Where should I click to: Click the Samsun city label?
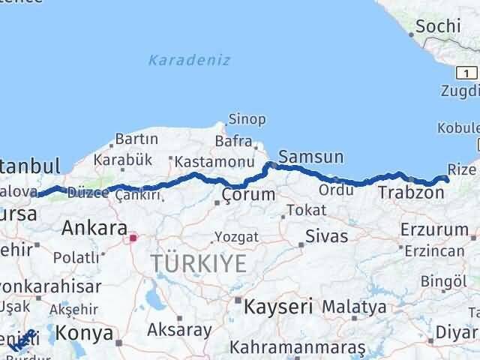point(310,157)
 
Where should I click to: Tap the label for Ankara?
point(94,227)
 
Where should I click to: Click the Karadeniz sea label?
point(189,60)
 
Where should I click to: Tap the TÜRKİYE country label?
point(199,263)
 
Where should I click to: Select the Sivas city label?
point(326,237)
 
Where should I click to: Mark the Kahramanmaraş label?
point(298,348)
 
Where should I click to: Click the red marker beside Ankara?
point(133,238)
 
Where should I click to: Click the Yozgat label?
point(236,237)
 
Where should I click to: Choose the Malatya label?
point(355,307)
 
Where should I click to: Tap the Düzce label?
point(88,193)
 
